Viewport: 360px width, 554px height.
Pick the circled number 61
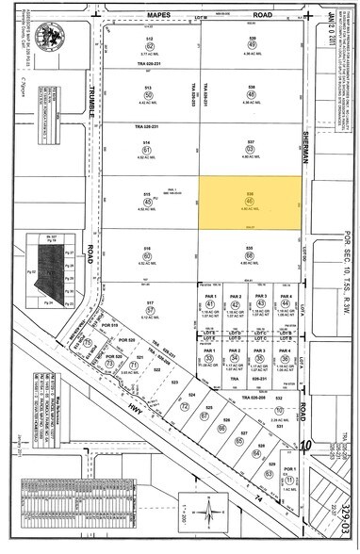(x=148, y=149)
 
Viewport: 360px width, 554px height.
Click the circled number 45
(x=148, y=200)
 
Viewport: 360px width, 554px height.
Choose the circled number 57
(x=149, y=306)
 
